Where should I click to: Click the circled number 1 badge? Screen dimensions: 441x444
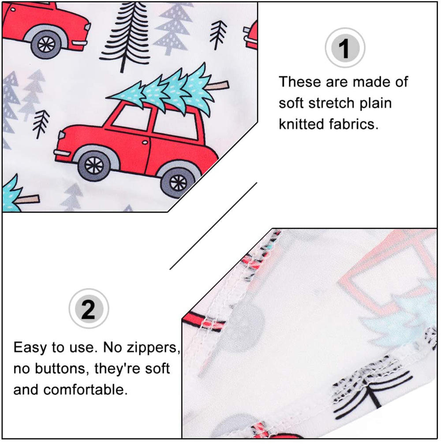(345, 48)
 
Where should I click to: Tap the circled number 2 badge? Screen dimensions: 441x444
(89, 309)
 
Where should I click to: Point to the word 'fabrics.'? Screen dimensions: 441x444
(354, 124)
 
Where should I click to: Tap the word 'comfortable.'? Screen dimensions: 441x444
(86, 390)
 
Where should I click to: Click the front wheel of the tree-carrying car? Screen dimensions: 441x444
(94, 166)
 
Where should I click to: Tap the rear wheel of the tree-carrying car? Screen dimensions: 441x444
(178, 182)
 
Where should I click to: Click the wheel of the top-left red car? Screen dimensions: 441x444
(46, 45)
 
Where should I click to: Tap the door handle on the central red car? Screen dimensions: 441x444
(145, 142)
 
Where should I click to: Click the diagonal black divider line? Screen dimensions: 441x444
(213, 226)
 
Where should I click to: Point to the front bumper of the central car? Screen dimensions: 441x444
(62, 153)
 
